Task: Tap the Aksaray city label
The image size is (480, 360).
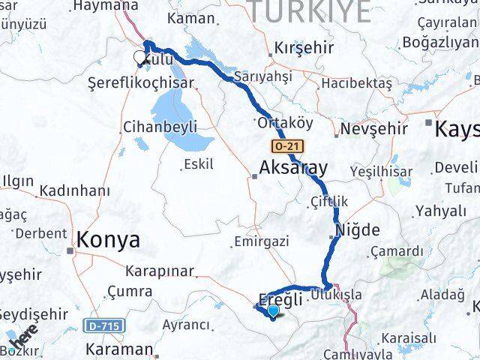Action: [293, 167]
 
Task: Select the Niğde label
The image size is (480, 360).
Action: [358, 230]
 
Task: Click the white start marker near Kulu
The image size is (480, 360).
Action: [139, 57]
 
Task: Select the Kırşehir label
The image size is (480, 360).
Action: [304, 47]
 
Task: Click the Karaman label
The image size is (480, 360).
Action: [119, 349]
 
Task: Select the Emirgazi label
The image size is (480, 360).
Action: [261, 242]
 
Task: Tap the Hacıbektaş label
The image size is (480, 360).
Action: [357, 83]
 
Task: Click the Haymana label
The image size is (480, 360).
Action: [100, 6]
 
